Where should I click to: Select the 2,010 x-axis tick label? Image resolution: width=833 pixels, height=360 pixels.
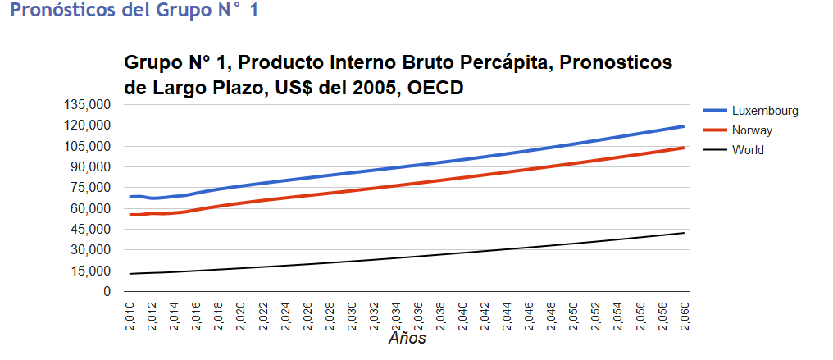[x=130, y=317]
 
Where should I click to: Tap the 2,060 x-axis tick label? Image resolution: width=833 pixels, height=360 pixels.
[x=685, y=317]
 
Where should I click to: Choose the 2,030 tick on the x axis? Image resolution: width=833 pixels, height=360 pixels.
[x=352, y=317]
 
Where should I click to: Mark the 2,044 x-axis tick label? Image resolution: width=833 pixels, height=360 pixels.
[x=507, y=317]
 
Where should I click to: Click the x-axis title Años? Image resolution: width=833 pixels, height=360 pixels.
[x=407, y=338]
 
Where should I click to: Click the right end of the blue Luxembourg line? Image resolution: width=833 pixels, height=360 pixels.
[x=684, y=126]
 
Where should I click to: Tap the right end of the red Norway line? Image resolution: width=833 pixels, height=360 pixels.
[x=684, y=148]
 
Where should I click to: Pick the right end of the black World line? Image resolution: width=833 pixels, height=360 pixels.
[x=684, y=233]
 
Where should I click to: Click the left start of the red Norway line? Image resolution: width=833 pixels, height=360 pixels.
[x=130, y=215]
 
